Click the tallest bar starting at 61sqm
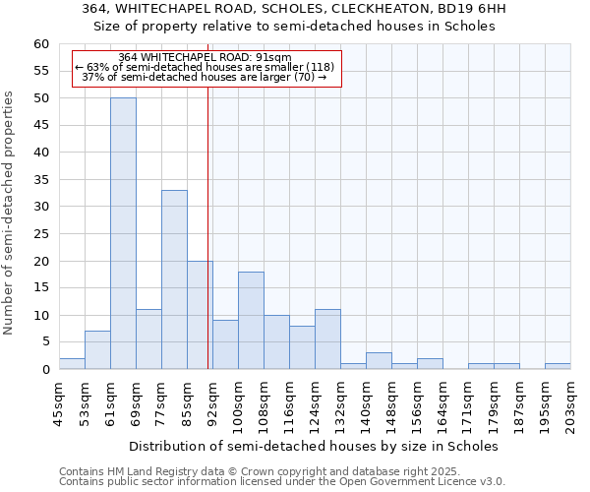point(123,233)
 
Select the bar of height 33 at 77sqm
point(174,279)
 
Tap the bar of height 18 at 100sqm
point(251,320)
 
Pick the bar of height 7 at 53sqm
point(97,350)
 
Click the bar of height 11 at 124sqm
point(327,339)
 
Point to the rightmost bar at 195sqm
point(558,366)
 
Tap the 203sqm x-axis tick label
point(570,403)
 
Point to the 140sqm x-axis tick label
point(366,403)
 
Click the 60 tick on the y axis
point(41,44)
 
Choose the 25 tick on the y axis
point(41,234)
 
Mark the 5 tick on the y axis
point(45,342)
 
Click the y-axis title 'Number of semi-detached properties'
point(10,213)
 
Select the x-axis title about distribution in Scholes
point(314,446)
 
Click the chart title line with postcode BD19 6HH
point(294,9)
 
